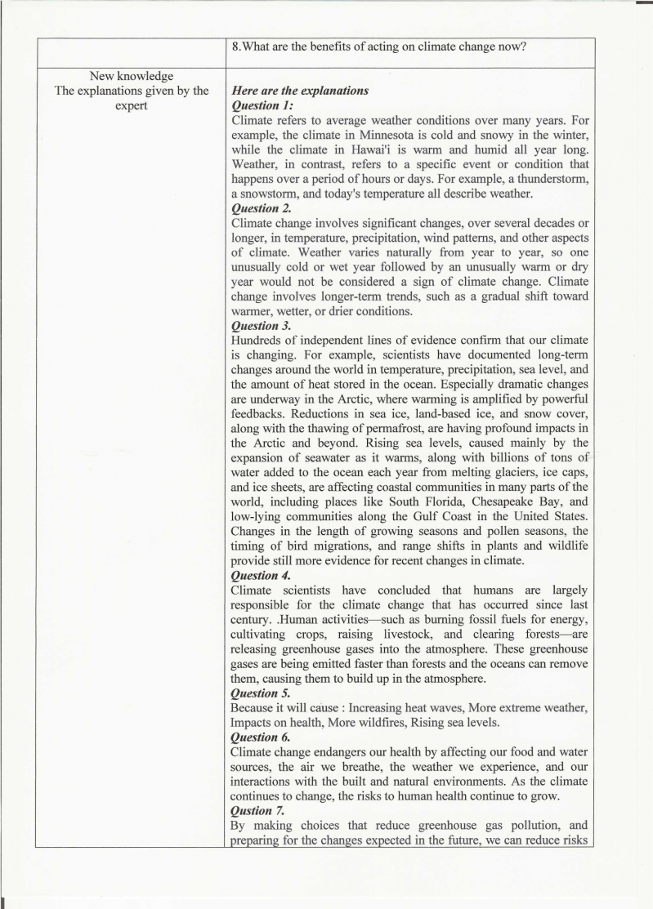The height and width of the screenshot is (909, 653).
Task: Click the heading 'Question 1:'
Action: click(262, 105)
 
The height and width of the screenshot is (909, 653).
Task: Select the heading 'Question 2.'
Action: click(263, 207)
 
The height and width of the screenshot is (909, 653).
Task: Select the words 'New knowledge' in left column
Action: click(131, 76)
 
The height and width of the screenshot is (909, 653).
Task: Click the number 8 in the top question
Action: click(235, 47)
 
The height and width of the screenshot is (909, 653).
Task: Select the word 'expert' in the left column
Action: click(131, 105)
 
